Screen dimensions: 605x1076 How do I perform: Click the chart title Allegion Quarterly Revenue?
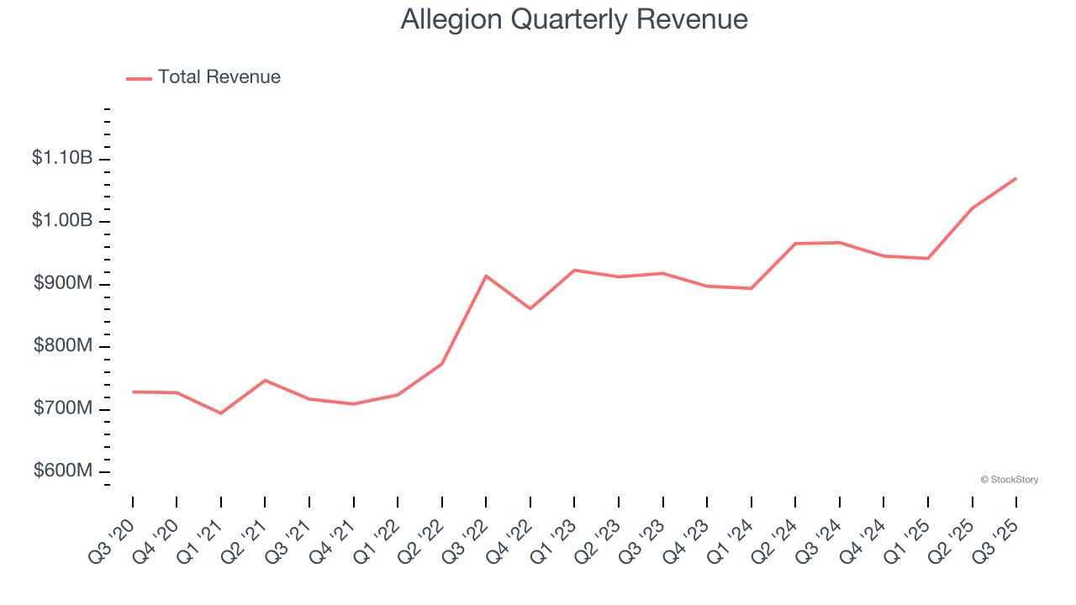[x=574, y=19]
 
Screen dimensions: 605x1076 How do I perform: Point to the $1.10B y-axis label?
[x=61, y=158]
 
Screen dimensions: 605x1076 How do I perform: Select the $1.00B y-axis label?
[x=61, y=220]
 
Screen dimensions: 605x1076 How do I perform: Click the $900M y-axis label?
[x=62, y=283]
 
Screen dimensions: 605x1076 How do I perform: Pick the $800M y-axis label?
[x=62, y=346]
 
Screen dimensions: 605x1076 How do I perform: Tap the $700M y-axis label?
[x=62, y=408]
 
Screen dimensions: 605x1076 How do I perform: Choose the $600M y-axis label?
[x=62, y=471]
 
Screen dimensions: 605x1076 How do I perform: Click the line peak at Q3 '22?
[x=486, y=276]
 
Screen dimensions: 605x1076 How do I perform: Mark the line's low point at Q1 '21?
[x=221, y=413]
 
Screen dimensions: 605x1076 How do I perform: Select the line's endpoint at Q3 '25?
[x=1016, y=178]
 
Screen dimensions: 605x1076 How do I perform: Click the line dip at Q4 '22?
[x=530, y=308]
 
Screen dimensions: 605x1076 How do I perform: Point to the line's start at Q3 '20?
[x=133, y=392]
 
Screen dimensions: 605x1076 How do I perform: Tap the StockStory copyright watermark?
[x=1009, y=480]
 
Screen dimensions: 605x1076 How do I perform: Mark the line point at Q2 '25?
[x=973, y=208]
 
